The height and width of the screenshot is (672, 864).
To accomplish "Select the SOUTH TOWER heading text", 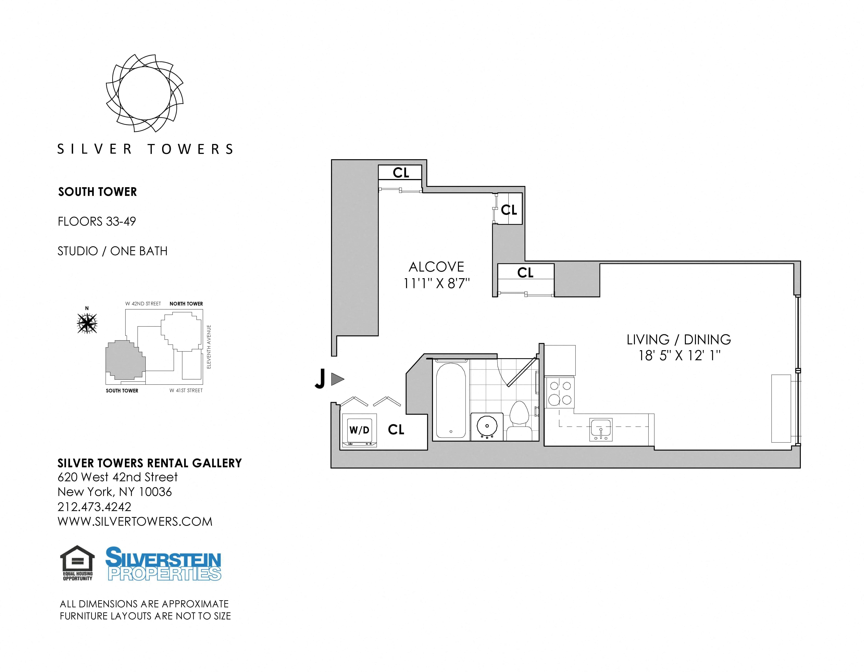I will tap(97, 192).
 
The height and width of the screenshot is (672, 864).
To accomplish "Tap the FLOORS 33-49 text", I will tap(96, 222).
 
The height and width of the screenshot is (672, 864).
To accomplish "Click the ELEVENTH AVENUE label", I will tap(209, 347).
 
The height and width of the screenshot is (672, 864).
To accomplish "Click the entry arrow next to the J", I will tap(337, 379).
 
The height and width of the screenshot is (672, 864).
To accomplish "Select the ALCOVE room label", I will tap(436, 267).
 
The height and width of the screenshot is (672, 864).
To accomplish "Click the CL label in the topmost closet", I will tap(401, 173).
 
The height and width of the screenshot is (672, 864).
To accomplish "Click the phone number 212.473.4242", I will tap(94, 507).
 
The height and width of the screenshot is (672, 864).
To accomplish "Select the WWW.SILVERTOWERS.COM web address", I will tap(135, 522).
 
